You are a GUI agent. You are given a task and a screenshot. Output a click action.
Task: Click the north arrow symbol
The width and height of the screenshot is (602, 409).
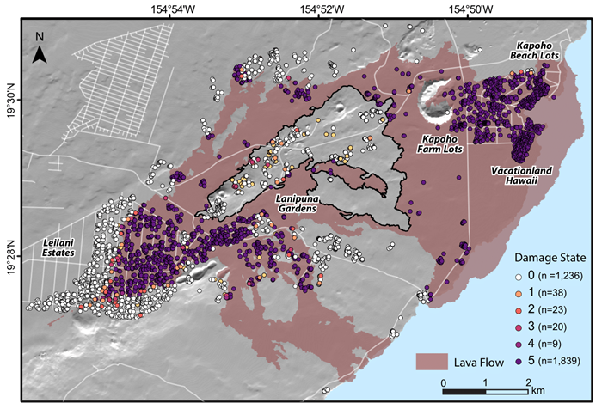40,52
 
